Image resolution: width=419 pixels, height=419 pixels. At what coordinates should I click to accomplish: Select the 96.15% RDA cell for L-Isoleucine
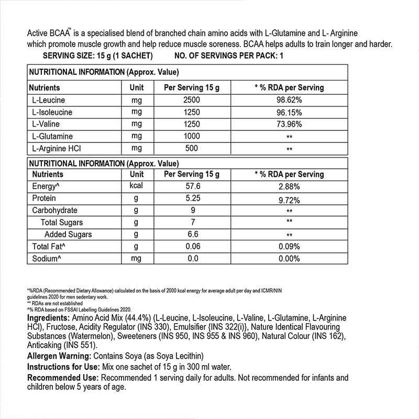tap(289, 112)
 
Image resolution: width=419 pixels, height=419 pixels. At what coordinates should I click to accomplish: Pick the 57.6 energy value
tap(191, 186)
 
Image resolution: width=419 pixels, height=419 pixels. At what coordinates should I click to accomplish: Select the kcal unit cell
tap(136, 186)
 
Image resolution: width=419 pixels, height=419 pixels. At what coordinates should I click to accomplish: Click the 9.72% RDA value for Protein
tap(289, 200)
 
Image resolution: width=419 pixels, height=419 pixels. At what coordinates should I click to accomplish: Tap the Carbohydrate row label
tap(55, 211)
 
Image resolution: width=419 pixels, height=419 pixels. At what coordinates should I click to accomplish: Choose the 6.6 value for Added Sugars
tap(191, 235)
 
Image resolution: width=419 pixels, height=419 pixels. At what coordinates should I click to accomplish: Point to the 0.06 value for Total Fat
tap(191, 247)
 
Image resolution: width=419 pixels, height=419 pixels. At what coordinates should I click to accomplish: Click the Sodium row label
tap(46, 259)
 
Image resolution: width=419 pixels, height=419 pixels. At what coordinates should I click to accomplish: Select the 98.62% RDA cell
tap(289, 100)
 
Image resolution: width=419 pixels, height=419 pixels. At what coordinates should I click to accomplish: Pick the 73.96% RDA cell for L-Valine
tap(289, 124)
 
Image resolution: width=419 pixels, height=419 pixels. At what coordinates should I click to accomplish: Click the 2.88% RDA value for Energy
tap(289, 186)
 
